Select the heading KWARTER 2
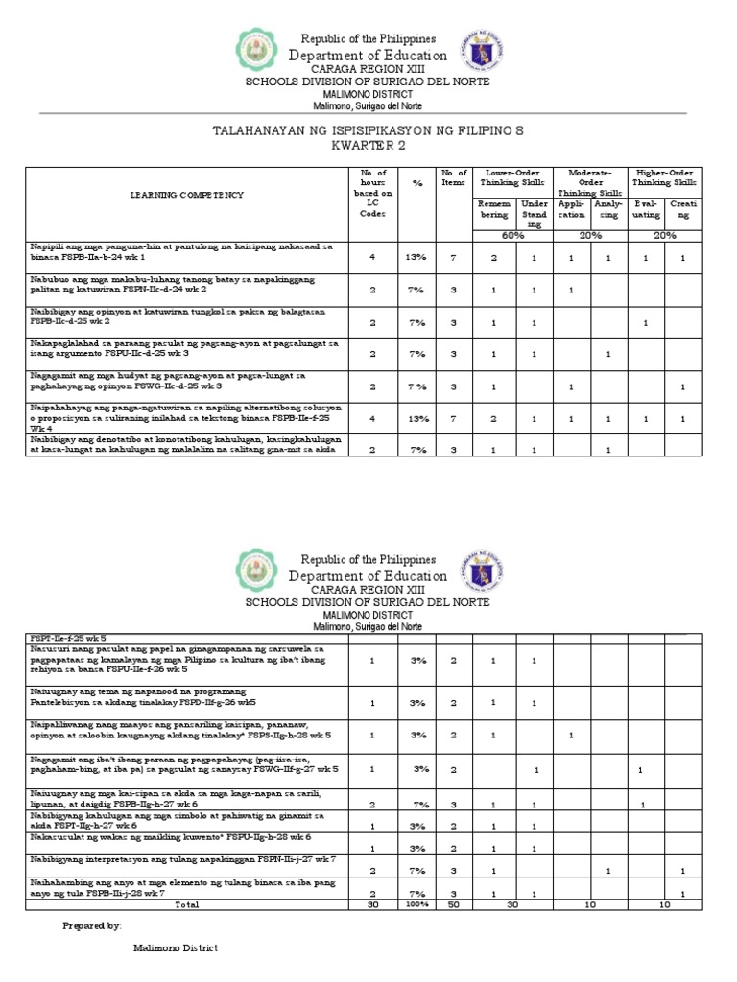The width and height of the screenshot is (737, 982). pos(368,147)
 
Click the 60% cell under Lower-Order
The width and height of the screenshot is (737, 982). pos(511,236)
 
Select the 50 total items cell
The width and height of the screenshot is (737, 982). pos(453,904)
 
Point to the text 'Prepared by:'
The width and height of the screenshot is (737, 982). pos(92,926)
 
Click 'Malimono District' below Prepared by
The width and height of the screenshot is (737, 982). pos(175,948)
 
